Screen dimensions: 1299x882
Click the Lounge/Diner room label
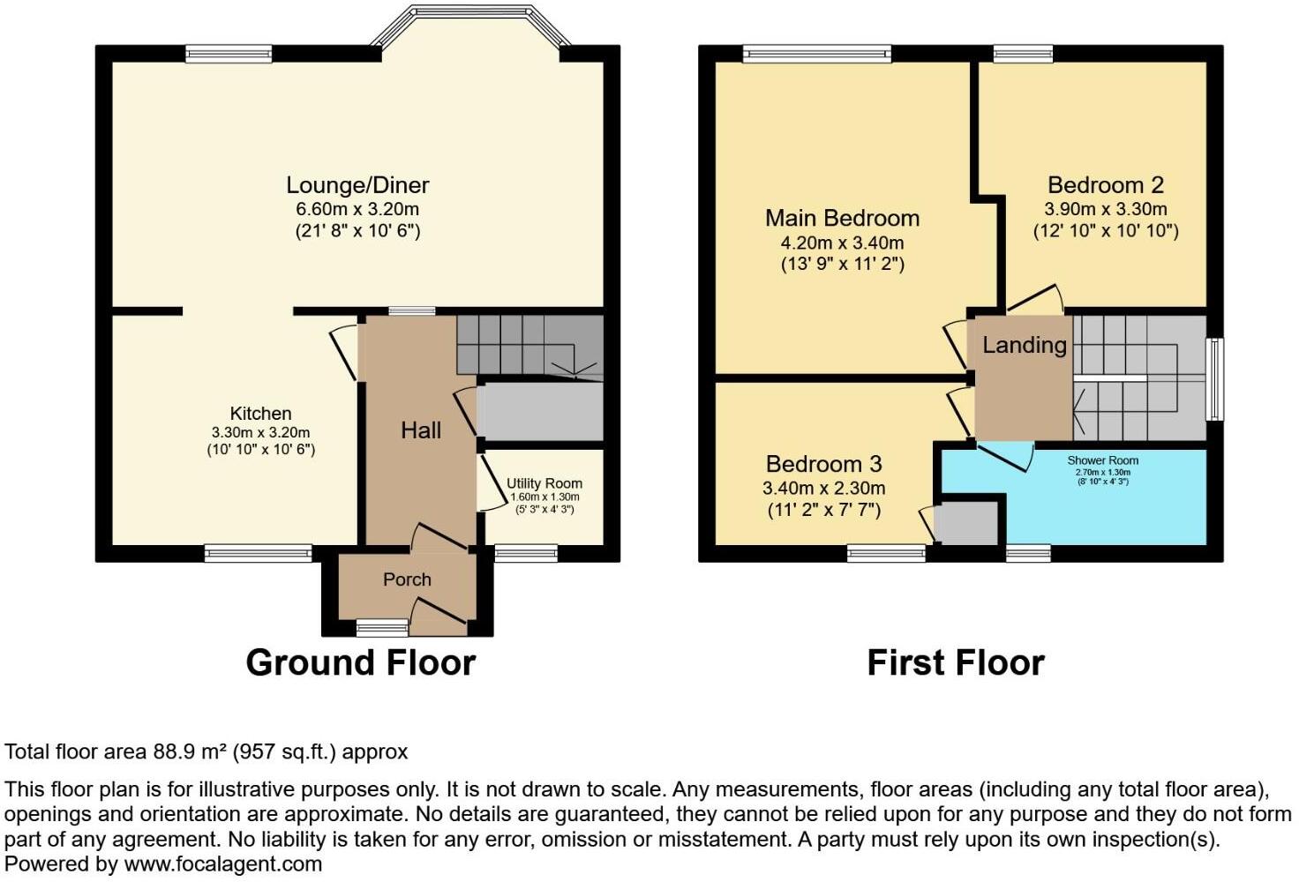coord(357,185)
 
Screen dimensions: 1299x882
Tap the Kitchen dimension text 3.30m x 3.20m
coord(261,432)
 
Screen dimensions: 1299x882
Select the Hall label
coord(421,430)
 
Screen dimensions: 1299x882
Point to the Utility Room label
coord(544,483)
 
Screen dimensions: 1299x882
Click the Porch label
coord(407,579)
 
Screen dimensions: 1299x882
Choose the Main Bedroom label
coord(843,219)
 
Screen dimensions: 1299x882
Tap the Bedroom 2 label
coord(1106,185)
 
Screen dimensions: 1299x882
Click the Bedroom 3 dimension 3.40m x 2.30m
coord(824,488)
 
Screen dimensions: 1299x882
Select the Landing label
coord(1025,346)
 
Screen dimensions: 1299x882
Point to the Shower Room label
coord(1103,460)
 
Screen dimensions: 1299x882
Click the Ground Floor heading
coord(361,663)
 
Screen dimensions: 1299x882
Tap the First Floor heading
coord(956,663)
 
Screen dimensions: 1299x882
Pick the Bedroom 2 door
coord(1036,296)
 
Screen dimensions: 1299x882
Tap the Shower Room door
coord(1006,457)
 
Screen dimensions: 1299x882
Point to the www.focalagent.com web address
coord(223,864)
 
